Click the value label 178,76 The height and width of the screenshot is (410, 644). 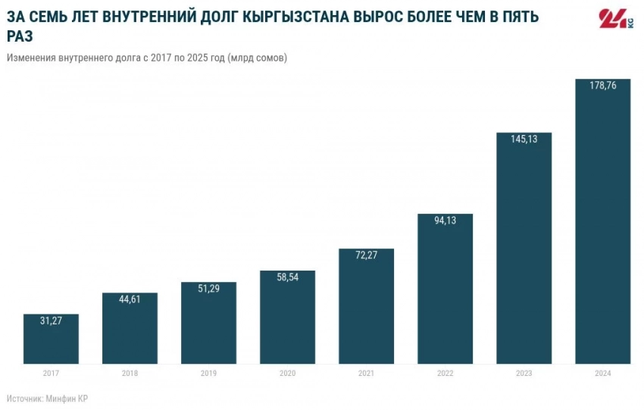coord(603,86)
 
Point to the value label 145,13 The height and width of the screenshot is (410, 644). coord(524,139)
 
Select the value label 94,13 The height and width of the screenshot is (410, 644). coord(445,221)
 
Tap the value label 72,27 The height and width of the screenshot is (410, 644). coord(367,255)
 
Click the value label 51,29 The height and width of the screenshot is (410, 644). coord(209,289)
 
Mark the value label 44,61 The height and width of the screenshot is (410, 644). coord(130,299)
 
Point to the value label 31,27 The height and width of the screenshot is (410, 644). coord(52,321)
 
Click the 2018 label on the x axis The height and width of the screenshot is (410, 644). coord(130,374)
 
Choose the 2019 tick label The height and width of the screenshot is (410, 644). coord(209,374)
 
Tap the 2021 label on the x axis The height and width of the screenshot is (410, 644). coord(367,374)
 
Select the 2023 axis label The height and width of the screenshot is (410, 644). coord(524,374)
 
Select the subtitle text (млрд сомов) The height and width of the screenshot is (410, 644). coord(257,58)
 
